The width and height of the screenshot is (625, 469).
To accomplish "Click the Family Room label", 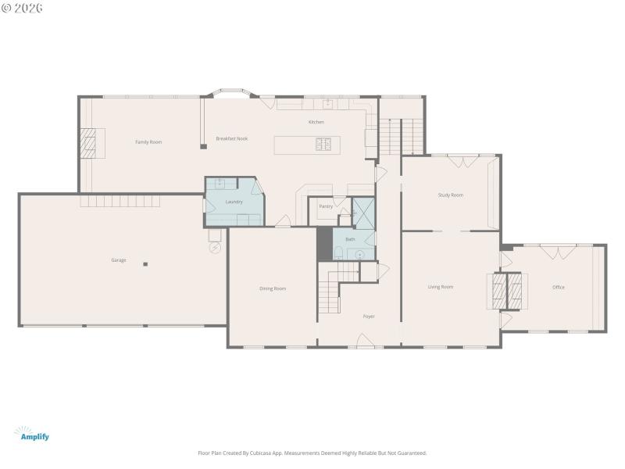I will [x=148, y=141].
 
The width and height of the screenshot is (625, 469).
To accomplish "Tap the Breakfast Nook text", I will [x=232, y=138].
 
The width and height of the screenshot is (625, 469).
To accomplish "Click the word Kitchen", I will [x=316, y=122].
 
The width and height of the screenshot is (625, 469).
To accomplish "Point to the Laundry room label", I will [x=234, y=202].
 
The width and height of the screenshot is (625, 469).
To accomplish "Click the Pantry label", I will [x=326, y=206].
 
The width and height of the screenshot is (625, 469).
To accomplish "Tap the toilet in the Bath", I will [x=339, y=251].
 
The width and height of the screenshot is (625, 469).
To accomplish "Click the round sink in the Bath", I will [x=359, y=253].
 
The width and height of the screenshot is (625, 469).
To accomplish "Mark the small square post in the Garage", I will [x=145, y=264].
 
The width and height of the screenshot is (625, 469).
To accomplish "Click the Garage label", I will [x=118, y=260].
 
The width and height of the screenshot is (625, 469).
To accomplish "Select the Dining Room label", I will [x=273, y=288].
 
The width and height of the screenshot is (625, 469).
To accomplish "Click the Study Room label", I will [x=450, y=195].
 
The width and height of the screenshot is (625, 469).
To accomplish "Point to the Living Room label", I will [x=441, y=287].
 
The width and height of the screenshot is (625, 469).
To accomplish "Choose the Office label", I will [x=558, y=287].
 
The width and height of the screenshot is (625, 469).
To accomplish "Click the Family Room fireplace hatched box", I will [x=91, y=143].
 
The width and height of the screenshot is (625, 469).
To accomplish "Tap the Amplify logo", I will [x=33, y=434].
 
